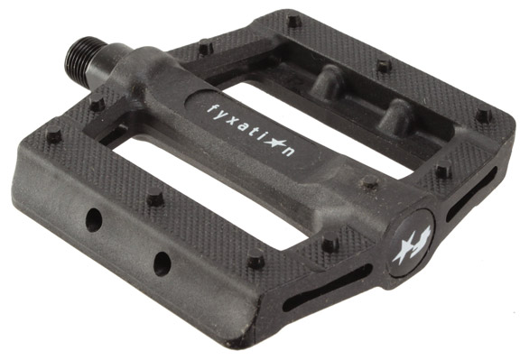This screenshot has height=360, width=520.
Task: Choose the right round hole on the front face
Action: pos(162,263)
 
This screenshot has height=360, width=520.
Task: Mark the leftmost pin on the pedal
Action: pos(53,138)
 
